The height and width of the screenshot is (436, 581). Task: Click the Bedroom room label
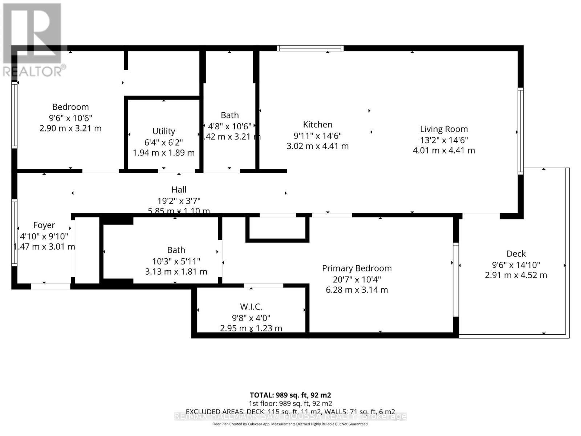[70, 107]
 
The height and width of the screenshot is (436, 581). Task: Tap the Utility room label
[163, 131]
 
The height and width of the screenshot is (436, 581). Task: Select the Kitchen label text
[318, 125]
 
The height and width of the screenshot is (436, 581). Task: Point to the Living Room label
[444, 129]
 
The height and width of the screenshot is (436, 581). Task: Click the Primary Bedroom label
[357, 269]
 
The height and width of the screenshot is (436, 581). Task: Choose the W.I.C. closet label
[251, 307]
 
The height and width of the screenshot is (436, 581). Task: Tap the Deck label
[516, 254]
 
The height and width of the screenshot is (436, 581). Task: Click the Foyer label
[44, 225]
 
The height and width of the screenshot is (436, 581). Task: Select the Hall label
[179, 190]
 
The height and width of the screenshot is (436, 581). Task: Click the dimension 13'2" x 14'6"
[444, 140]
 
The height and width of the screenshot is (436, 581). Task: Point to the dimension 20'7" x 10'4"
[357, 279]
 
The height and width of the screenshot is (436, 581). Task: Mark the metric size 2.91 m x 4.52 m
[516, 275]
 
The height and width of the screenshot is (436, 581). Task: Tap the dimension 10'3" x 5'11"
[176, 261]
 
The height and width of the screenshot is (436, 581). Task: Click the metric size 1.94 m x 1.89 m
[163, 153]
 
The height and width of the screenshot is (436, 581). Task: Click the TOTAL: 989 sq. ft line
[290, 395]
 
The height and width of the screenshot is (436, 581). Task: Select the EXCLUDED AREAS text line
[290, 412]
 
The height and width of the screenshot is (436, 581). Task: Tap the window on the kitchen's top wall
[310, 48]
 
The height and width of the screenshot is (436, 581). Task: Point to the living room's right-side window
[521, 131]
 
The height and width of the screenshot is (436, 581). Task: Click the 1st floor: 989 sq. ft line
[290, 403]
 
